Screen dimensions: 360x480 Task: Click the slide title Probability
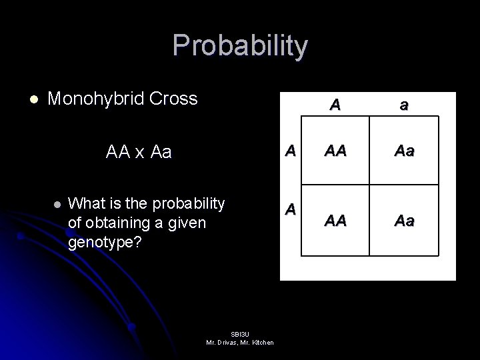pyautogui.click(x=240, y=46)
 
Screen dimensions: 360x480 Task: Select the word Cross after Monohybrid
pyautogui.click(x=175, y=99)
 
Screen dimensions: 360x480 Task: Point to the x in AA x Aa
pyautogui.click(x=139, y=153)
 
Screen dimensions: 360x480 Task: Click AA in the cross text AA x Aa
pyautogui.click(x=119, y=153)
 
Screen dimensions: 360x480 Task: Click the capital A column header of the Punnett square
pyautogui.click(x=335, y=104)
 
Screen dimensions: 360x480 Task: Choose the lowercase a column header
pyautogui.click(x=403, y=104)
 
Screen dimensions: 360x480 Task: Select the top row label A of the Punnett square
pyautogui.click(x=290, y=150)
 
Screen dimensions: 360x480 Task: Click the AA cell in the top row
pyautogui.click(x=335, y=152)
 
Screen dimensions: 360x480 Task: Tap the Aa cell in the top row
pyautogui.click(x=403, y=152)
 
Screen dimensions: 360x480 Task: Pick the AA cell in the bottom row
pyautogui.click(x=335, y=219)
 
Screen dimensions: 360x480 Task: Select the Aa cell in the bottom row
pyautogui.click(x=403, y=219)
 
